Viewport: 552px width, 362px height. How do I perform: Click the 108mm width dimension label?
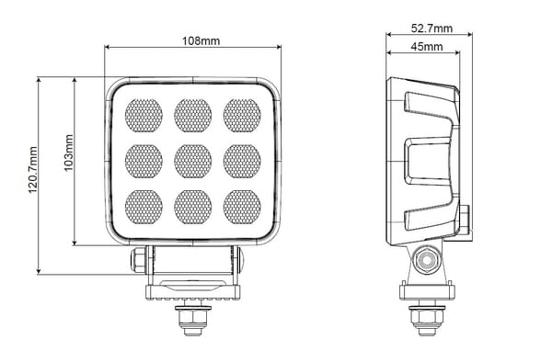(201, 41)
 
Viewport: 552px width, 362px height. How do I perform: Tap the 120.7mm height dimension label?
(33, 170)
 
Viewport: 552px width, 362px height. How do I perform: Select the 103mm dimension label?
(69, 153)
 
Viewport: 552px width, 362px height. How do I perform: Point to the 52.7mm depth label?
(431, 28)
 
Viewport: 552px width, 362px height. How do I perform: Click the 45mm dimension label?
(427, 46)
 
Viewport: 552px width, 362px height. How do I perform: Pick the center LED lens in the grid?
(193, 161)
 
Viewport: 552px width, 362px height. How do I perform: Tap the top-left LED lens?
(144, 115)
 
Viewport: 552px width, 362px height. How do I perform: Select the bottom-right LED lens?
(242, 207)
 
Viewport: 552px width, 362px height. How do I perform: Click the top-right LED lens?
(242, 115)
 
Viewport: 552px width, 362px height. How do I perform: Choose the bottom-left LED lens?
(144, 207)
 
